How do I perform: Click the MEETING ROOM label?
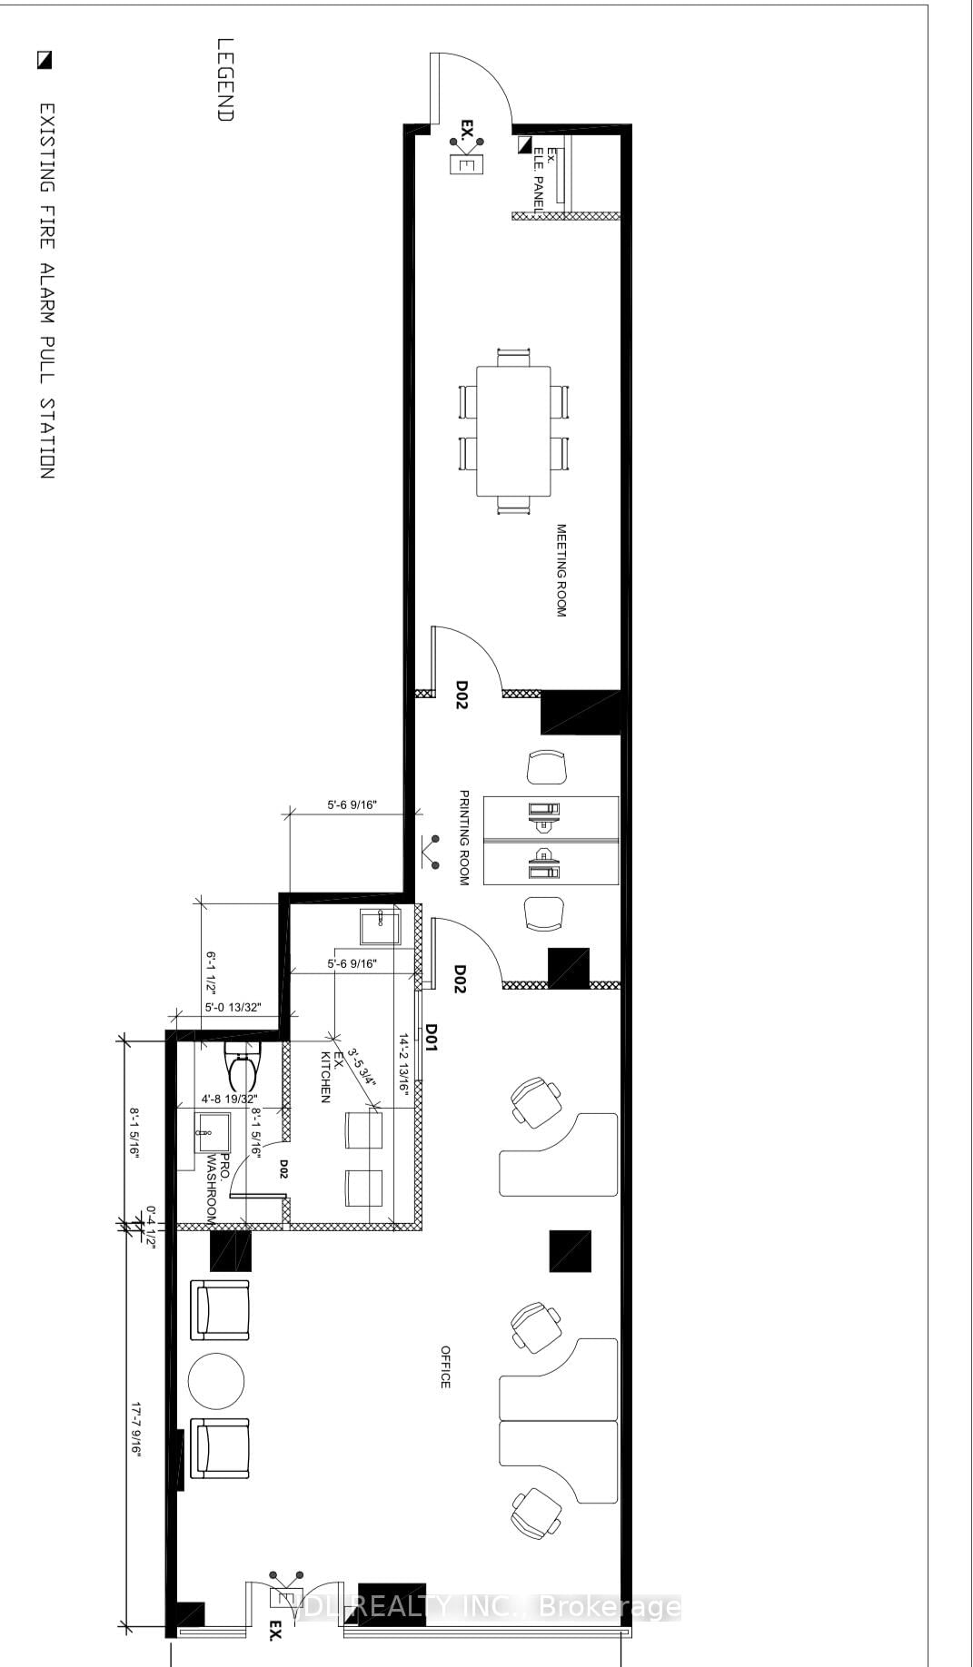coord(561,570)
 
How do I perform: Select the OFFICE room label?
coord(445,1366)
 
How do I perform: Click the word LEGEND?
coord(225,79)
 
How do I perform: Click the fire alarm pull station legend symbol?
coord(45,61)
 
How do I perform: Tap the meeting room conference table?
coord(514,430)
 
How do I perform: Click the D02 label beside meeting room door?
coord(462,695)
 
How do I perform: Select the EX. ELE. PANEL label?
coord(544,173)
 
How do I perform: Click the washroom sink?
coord(213,1131)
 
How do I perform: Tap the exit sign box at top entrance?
coord(468,165)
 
